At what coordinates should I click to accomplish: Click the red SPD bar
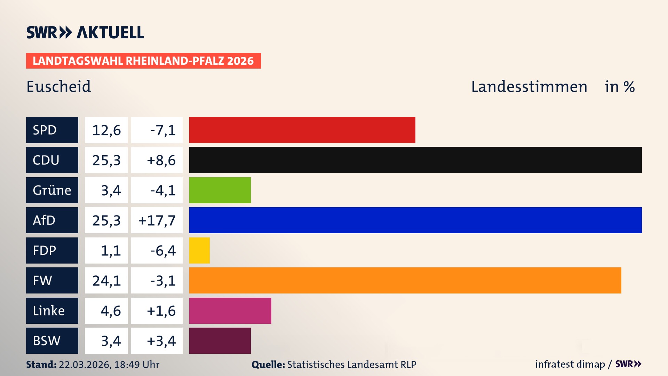(302, 130)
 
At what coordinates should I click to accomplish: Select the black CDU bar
(415, 160)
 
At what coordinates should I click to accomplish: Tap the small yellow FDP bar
(199, 250)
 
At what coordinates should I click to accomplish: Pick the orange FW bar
(405, 280)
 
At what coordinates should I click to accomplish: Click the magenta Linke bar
(230, 311)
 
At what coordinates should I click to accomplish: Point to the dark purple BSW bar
(220, 340)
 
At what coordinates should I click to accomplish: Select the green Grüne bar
(220, 190)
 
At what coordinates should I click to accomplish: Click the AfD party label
(52, 220)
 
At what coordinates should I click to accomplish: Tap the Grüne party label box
(52, 190)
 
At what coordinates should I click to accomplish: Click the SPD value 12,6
(106, 130)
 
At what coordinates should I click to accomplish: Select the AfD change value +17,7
(157, 220)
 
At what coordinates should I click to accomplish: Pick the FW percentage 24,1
(106, 280)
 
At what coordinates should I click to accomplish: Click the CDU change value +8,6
(161, 160)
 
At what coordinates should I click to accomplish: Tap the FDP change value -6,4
(162, 250)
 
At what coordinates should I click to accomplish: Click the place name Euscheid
(58, 86)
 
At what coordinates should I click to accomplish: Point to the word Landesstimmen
(529, 86)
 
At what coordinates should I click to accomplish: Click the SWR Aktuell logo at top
(85, 32)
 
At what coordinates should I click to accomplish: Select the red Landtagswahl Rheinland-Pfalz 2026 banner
(143, 61)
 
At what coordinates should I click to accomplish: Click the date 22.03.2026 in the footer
(85, 365)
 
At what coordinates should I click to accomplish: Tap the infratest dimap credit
(570, 364)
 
